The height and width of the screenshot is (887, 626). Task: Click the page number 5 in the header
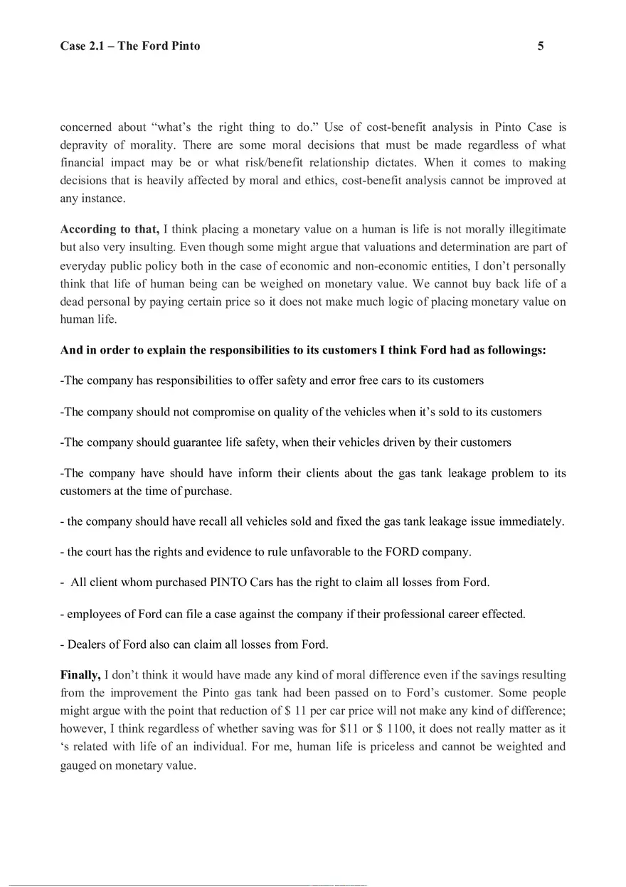tap(541, 46)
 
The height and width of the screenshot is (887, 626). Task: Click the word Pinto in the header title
tap(184, 46)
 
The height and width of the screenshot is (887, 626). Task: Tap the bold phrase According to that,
tap(110, 229)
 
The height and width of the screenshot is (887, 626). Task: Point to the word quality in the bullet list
tap(305, 412)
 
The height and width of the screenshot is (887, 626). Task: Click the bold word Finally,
tap(80, 674)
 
